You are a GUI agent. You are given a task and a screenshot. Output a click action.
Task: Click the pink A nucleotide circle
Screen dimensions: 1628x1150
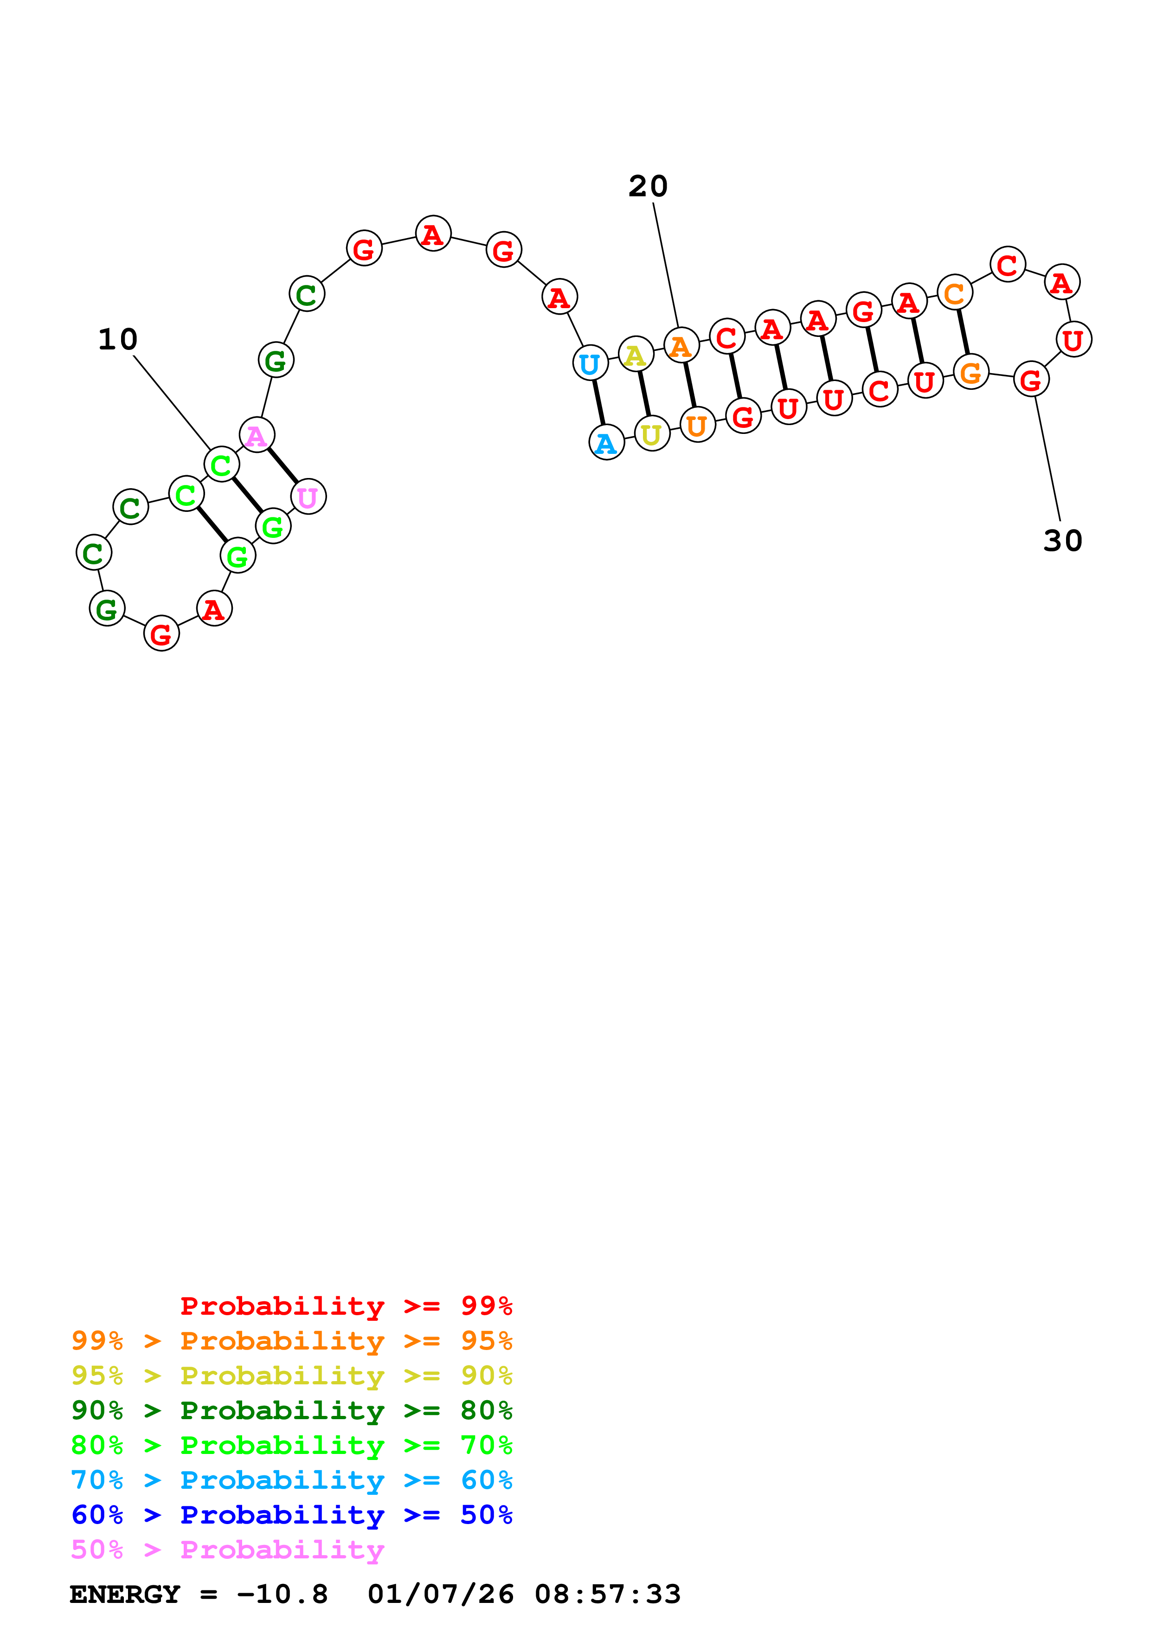click(257, 435)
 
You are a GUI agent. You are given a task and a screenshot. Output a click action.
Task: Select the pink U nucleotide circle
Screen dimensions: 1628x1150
click(308, 497)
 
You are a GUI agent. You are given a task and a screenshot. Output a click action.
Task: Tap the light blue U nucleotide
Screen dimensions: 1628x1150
click(590, 362)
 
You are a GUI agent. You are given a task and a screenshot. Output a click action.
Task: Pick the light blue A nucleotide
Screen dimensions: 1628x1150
click(606, 442)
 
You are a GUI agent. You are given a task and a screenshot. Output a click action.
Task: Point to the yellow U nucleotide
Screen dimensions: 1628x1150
click(652, 433)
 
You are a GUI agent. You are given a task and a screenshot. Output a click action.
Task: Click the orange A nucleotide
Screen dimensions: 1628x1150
click(681, 345)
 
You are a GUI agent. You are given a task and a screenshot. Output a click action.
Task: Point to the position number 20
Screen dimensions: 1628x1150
click(648, 187)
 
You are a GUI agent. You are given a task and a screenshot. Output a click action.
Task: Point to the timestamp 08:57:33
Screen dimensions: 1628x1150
click(607, 1595)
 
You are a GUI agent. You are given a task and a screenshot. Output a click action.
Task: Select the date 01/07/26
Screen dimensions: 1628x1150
click(440, 1595)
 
